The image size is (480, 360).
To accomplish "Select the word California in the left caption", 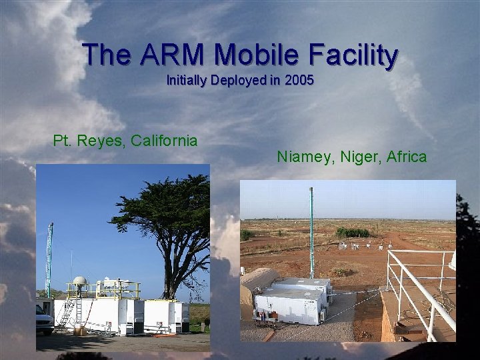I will [x=164, y=141].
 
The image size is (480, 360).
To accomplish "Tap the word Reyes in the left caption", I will [x=101, y=141].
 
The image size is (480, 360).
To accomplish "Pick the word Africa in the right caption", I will [x=405, y=157].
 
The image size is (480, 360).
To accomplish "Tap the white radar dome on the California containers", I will [x=79, y=283].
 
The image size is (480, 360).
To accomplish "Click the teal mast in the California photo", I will [x=49, y=260].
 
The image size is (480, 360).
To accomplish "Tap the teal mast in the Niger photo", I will [x=311, y=233].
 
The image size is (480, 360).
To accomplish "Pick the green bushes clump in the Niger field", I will [x=353, y=233].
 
